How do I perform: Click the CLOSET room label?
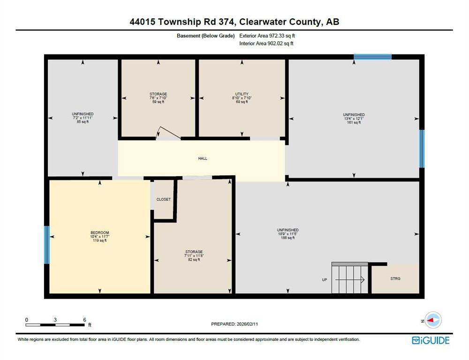coord(163,199)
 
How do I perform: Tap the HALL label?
coord(203,158)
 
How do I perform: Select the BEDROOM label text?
coord(99,232)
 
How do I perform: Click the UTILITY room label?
coord(242,94)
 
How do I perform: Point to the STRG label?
coord(395,278)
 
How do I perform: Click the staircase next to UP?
coord(350,278)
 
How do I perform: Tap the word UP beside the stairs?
coord(325,280)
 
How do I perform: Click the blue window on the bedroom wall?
coord(46,245)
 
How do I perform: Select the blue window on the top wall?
coord(373,57)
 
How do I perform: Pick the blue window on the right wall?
coord(422,149)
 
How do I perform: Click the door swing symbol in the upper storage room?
coord(168,133)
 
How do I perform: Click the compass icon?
coord(433,320)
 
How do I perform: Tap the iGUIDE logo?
coord(431,340)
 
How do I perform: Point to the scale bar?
coord(55,325)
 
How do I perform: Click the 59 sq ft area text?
coord(158,102)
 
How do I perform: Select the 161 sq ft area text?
coord(354,123)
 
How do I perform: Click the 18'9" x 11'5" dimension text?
coord(288,234)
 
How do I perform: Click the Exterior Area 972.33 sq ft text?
coord(267,36)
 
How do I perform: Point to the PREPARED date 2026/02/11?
coord(247,324)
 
